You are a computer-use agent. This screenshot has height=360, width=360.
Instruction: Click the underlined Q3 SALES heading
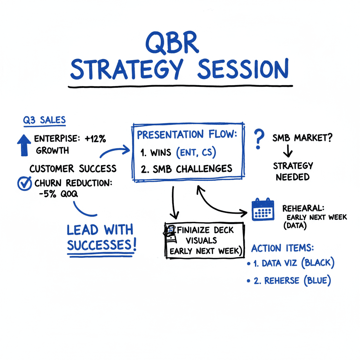(44, 120)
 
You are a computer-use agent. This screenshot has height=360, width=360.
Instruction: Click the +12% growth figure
(95, 139)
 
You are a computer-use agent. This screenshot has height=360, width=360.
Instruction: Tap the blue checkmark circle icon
(24, 183)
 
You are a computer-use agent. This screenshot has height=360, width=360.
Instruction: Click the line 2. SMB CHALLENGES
(186, 168)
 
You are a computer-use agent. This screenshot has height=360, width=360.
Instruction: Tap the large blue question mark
(259, 139)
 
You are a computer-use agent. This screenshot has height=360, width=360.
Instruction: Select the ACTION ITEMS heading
(283, 248)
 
